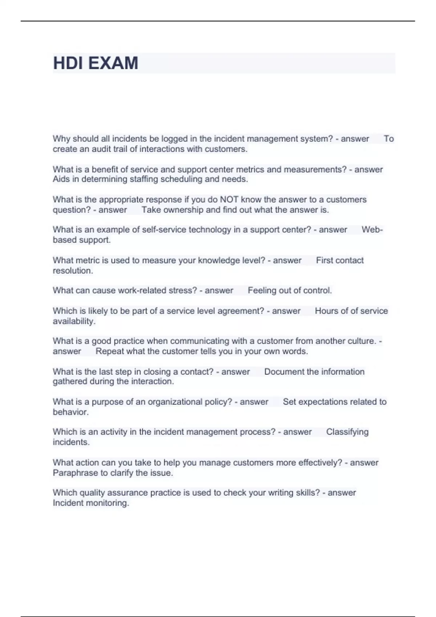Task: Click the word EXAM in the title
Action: click(113, 63)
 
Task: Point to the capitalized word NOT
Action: click(229, 200)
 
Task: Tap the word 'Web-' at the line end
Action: click(372, 230)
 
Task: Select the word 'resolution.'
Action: click(73, 271)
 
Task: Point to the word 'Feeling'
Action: click(261, 291)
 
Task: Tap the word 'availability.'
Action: click(74, 321)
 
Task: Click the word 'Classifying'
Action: click(347, 432)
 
